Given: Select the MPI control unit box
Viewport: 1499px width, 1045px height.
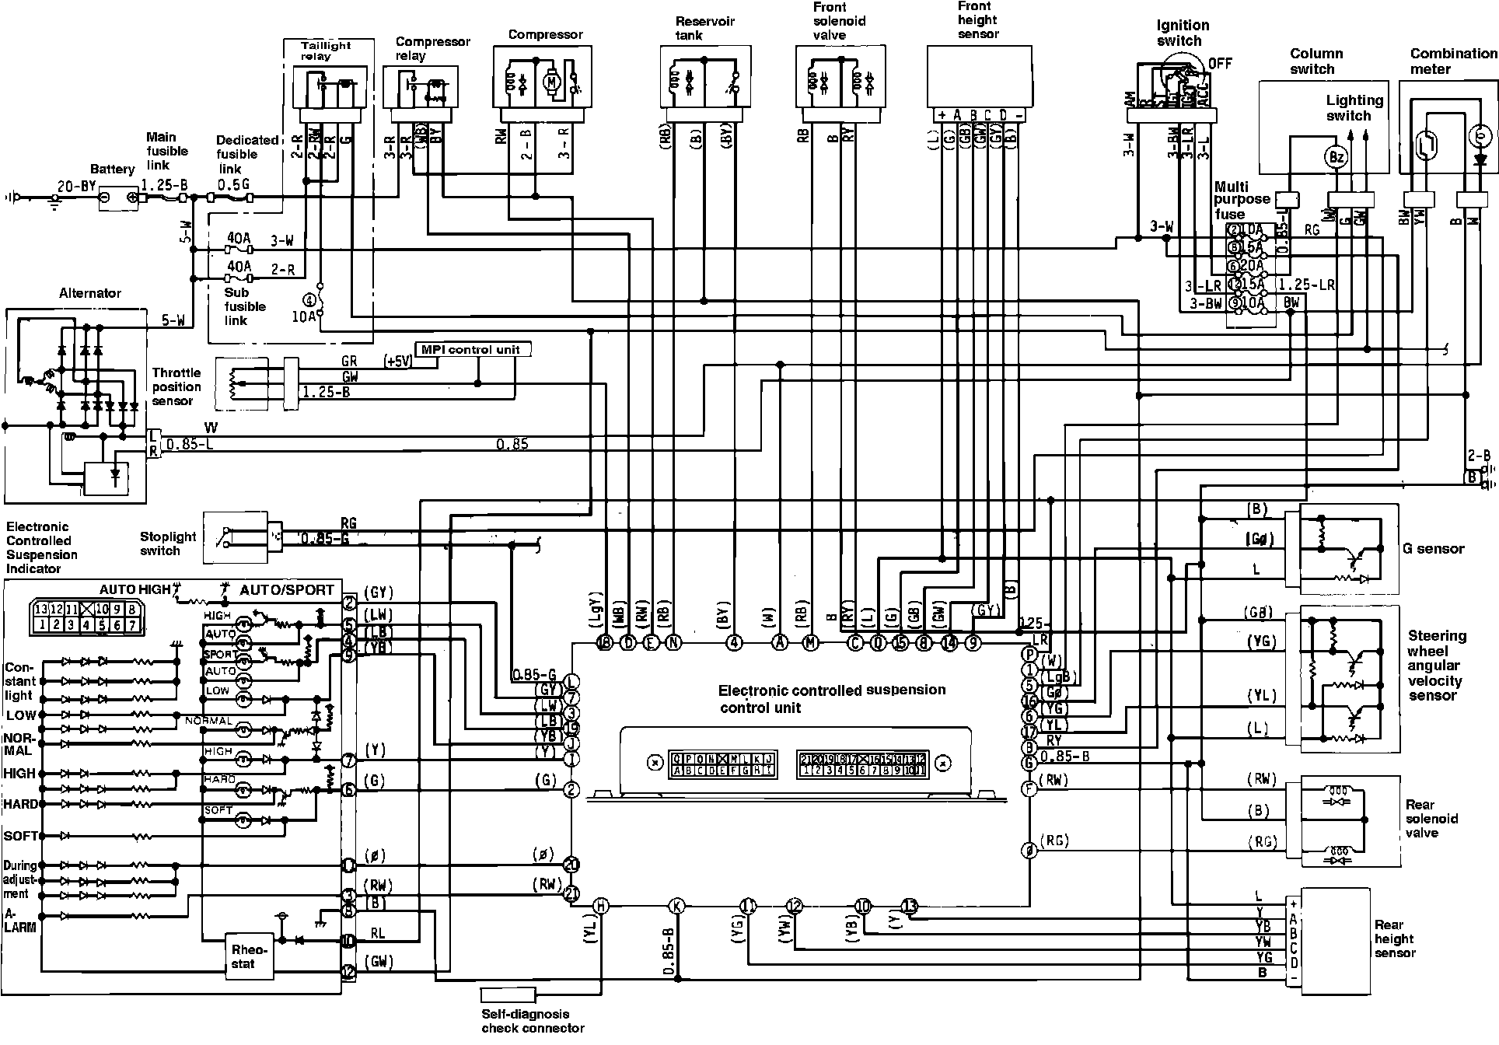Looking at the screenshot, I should (x=476, y=350).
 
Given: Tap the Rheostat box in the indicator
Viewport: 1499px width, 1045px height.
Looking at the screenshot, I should (x=249, y=956).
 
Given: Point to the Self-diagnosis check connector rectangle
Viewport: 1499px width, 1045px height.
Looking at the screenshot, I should (x=508, y=994).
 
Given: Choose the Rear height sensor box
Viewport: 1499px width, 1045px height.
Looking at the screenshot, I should (x=1335, y=941).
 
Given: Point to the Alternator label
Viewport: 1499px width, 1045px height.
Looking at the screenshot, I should (x=90, y=293).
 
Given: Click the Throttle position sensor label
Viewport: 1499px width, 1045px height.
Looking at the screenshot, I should (x=176, y=386).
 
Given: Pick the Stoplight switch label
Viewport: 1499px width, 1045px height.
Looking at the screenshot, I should (x=169, y=543).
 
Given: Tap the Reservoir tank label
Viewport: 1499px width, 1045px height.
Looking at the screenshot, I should (x=704, y=28).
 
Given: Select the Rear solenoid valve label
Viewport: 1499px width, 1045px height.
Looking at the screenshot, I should (x=1431, y=819).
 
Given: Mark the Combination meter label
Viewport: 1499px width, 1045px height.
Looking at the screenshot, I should (x=1452, y=61).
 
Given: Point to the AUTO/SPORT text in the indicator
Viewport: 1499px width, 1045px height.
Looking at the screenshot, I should (x=286, y=590).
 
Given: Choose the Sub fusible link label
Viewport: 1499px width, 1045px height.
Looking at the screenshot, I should (x=245, y=306).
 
